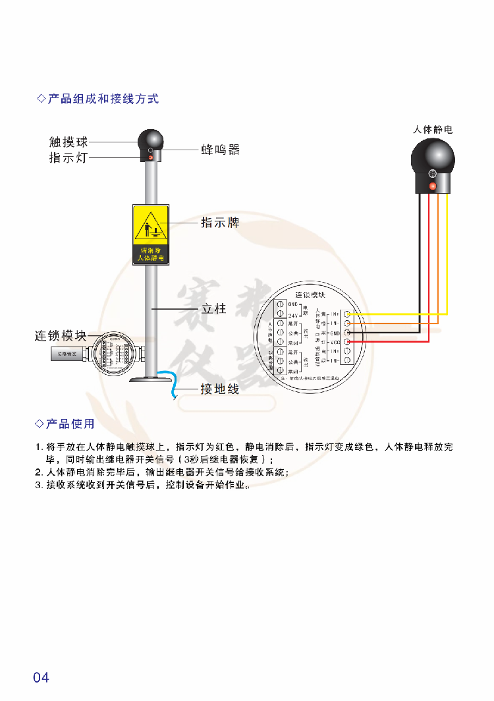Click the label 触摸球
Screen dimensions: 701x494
coord(69,142)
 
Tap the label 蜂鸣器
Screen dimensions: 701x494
coord(221,150)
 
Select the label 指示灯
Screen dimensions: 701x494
coord(69,158)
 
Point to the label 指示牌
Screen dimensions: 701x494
coord(220,223)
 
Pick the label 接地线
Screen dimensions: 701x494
coord(219,389)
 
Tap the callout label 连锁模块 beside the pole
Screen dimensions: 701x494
coord(61,336)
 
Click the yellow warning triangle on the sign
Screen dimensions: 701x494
coord(151,225)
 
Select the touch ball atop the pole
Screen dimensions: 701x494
coord(151,140)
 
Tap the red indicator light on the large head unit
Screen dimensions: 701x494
coord(433,186)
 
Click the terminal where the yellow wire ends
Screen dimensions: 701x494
coord(347,314)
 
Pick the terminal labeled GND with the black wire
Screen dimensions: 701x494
coord(347,333)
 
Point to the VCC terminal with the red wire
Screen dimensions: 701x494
coord(347,343)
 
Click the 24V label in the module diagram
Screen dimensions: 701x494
coord(294,315)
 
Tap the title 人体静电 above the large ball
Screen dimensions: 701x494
coord(433,130)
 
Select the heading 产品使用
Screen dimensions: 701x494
coord(70,424)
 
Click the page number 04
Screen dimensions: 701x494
coord(41,677)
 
